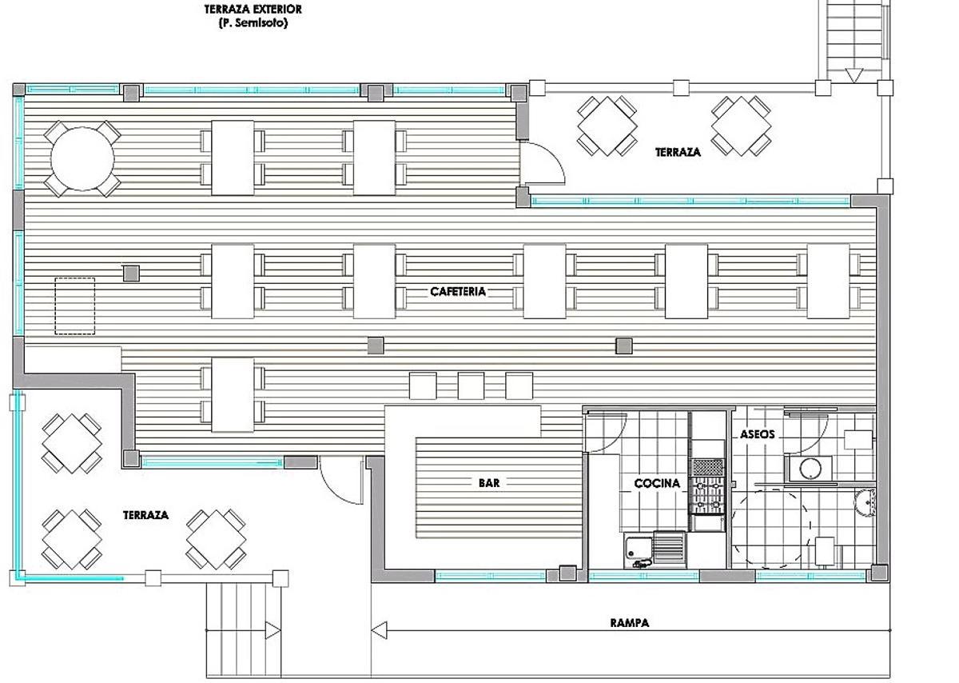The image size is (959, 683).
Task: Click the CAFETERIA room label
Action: pos(458,292)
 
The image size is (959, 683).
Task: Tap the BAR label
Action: pos(489,483)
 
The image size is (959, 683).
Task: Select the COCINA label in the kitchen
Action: pos(657,483)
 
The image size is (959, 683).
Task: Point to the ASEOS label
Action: pos(757,434)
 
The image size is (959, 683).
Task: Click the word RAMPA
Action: pos(629,623)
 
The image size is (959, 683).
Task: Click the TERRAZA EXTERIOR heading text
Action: pos(253,10)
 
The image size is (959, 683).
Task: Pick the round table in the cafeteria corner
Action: pos(82,158)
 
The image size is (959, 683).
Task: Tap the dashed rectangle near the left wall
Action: pos(75,306)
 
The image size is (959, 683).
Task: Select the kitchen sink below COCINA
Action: pos(637,549)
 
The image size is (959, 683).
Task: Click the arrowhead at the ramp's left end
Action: pos(379,631)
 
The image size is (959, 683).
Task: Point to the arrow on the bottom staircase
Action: pos(273,631)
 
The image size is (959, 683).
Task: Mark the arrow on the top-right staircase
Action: pos(854,75)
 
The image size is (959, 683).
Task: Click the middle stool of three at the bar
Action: pos(471,385)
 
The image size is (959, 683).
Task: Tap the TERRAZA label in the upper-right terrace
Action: pos(678,152)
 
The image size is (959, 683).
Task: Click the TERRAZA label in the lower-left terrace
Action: pos(145,515)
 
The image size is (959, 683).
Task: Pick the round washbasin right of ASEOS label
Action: pos(808,468)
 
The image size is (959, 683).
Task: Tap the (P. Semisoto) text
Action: pos(253,23)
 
